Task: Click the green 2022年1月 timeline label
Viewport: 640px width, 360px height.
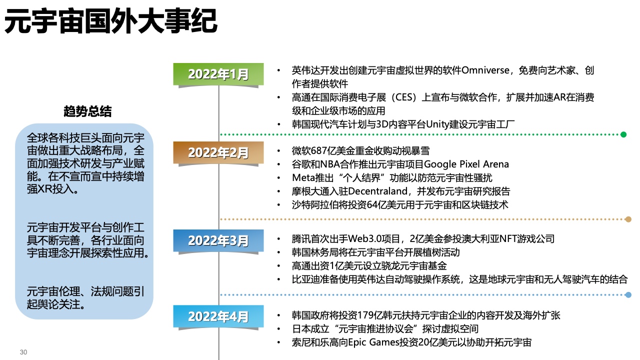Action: click(218, 74)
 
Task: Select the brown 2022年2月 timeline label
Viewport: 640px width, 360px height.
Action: click(218, 152)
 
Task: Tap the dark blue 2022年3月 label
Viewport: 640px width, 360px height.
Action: click(218, 240)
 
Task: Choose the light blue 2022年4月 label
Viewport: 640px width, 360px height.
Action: click(218, 316)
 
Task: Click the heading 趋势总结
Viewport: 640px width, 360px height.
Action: click(87, 111)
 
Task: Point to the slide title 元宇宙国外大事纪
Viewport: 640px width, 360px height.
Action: click(111, 22)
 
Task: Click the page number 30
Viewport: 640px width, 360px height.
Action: click(23, 352)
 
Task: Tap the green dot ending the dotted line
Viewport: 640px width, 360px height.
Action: click(623, 134)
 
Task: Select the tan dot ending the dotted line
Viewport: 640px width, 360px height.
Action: click(628, 219)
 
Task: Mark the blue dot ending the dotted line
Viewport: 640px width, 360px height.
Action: click(628, 295)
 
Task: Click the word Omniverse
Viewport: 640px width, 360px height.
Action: click(485, 70)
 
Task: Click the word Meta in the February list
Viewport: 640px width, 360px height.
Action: click(302, 177)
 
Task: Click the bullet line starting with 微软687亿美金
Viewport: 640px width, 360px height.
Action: click(360, 150)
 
